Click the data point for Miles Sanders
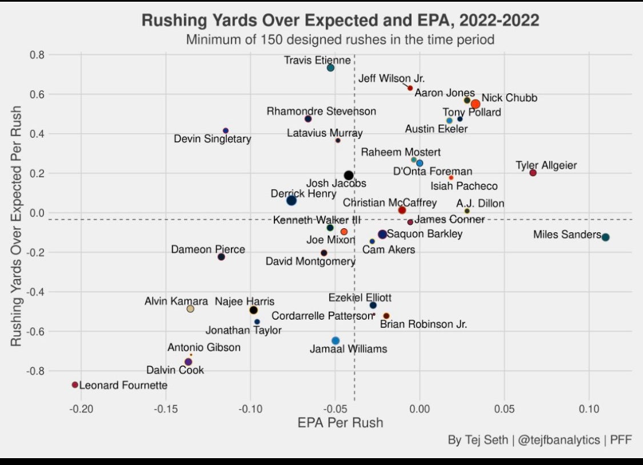pyautogui.click(x=605, y=237)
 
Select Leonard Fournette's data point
pyautogui.click(x=75, y=385)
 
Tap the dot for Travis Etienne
pyautogui.click(x=330, y=68)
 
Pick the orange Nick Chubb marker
pyautogui.click(x=475, y=104)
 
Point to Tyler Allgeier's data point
pyautogui.click(x=533, y=173)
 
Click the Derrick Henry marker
pyautogui.click(x=291, y=200)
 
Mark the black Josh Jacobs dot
pyautogui.click(x=349, y=176)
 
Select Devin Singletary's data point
pyautogui.click(x=226, y=131)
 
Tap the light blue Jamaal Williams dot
pyautogui.click(x=336, y=341)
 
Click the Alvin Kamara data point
pyautogui.click(x=190, y=309)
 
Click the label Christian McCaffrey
pyautogui.click(x=390, y=203)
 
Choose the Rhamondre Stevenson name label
pyautogui.click(x=321, y=111)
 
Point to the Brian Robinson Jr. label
pyautogui.click(x=424, y=324)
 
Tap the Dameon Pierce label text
pyautogui.click(x=208, y=249)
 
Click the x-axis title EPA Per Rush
pyautogui.click(x=340, y=423)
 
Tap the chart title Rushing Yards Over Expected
pyautogui.click(x=340, y=21)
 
